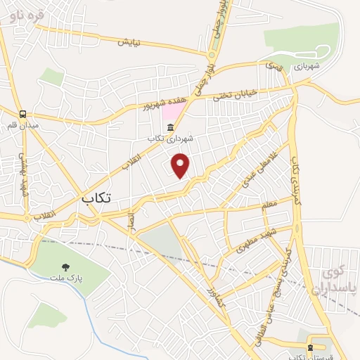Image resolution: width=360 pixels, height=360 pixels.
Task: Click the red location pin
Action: pyautogui.click(x=181, y=165)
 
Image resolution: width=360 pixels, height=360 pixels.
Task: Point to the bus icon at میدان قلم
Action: pyautogui.click(x=24, y=114)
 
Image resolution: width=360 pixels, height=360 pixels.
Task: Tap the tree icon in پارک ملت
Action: pyautogui.click(x=65, y=266)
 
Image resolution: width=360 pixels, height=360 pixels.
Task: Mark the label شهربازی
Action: pyautogui.click(x=308, y=65)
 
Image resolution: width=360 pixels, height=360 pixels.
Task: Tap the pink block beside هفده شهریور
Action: pyautogui.click(x=171, y=111)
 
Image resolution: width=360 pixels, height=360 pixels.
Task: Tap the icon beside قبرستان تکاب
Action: pyautogui.click(x=310, y=348)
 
